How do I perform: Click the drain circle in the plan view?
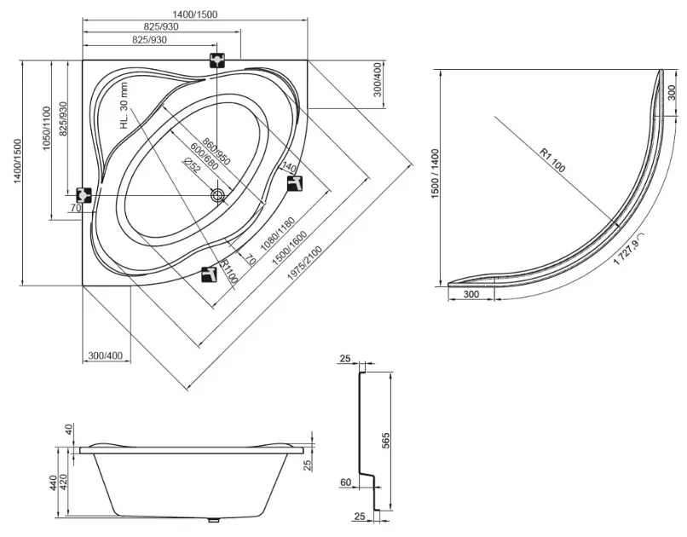217,195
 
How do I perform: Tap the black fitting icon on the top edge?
217,60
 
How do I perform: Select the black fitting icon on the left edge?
84,194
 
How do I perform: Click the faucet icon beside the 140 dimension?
295,183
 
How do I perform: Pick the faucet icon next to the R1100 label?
209,274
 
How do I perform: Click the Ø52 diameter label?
192,165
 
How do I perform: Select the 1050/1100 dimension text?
47,128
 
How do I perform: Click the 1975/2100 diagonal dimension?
304,263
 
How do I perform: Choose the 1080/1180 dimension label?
277,234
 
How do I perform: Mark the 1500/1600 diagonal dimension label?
290,248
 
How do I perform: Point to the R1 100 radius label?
552,160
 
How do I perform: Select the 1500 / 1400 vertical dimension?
435,174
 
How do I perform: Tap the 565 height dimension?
385,440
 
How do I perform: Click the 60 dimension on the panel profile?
346,482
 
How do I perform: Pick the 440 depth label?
54,482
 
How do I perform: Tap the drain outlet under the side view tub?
213,521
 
